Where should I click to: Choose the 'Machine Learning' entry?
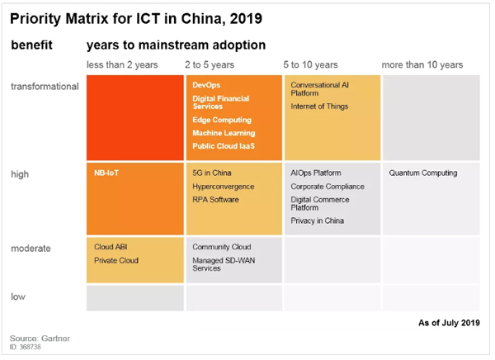(x=223, y=133)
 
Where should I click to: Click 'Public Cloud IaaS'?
(x=223, y=146)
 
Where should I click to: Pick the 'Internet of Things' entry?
(x=319, y=107)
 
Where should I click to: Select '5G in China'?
(x=211, y=173)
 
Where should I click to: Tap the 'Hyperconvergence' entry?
(x=223, y=187)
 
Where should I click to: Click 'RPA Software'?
(x=215, y=200)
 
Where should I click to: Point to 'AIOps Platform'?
(x=316, y=173)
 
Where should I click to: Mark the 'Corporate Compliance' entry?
(x=327, y=187)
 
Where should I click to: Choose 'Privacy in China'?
(x=317, y=220)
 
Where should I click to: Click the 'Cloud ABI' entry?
(x=110, y=247)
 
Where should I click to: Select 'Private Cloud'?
(x=115, y=260)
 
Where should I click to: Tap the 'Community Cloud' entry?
(x=222, y=247)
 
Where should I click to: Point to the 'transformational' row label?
(x=45, y=86)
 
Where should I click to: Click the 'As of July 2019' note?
(x=445, y=323)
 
